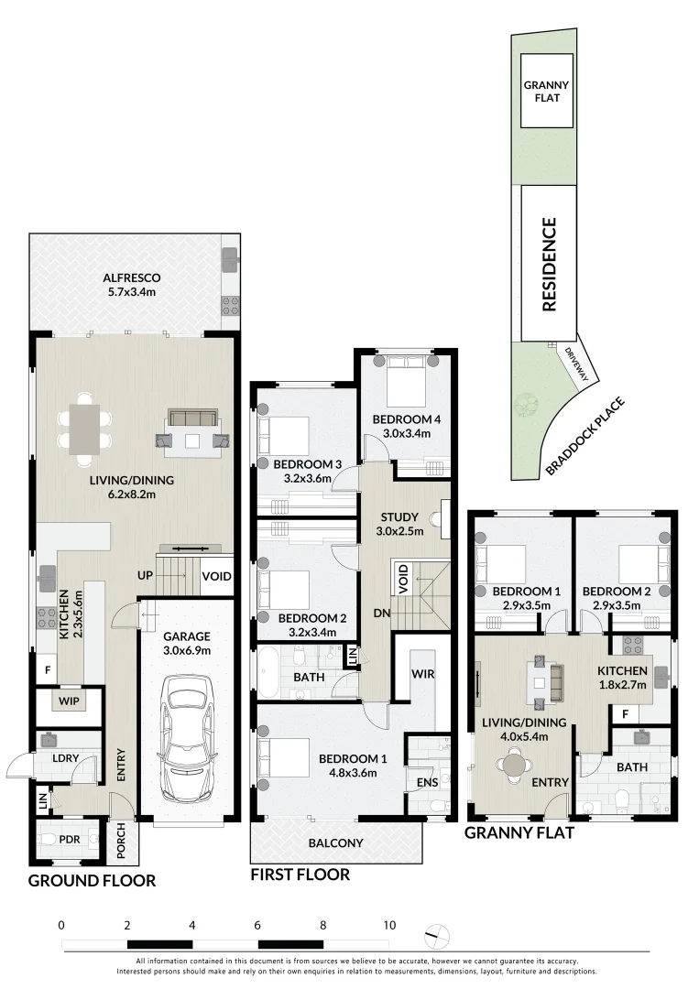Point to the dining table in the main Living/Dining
[85, 428]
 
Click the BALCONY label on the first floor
[335, 843]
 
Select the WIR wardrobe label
[421, 674]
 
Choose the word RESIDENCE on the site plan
[549, 265]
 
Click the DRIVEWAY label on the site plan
[583, 362]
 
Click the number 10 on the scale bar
[389, 925]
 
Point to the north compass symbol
[439, 936]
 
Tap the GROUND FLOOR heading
[92, 881]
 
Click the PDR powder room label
[67, 839]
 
